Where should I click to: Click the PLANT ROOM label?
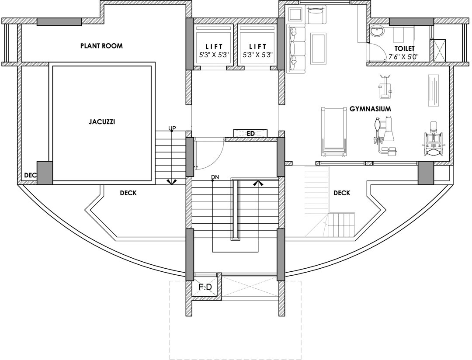coord(101,45)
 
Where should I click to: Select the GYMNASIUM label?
coord(370,108)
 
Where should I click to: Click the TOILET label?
coord(404,48)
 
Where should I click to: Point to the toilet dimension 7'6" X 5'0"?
coord(404,56)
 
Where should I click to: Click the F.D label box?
coord(205,287)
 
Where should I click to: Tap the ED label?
coord(250,133)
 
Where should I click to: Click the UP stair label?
coord(172,128)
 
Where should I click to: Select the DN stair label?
coord(215,177)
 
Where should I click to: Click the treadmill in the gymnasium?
coord(333,132)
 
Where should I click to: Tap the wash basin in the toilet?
coord(376,31)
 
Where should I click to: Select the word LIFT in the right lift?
coord(258,47)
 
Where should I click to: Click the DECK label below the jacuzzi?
coord(128,193)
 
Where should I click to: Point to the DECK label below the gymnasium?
coord(341,193)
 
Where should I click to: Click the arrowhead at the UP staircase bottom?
coord(172,181)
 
